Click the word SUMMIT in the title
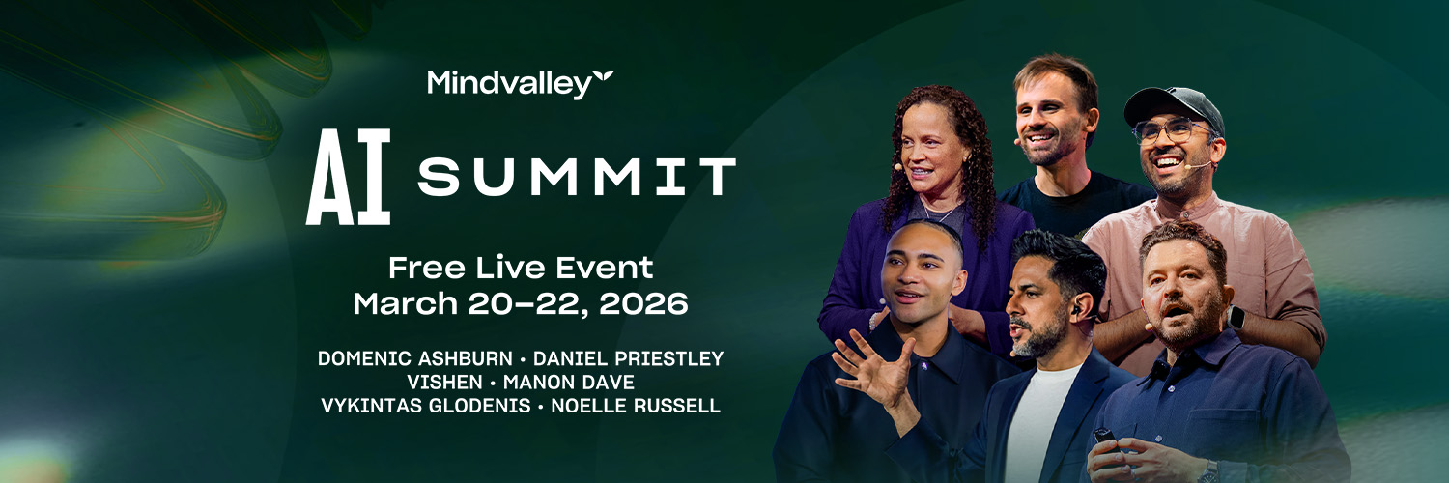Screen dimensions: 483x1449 pyautogui.click(x=577, y=178)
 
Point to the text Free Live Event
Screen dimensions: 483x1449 pyautogui.click(x=521, y=267)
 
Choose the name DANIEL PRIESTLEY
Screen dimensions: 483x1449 pyautogui.click(x=628, y=359)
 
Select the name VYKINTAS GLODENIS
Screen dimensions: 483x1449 pyautogui.click(x=425, y=406)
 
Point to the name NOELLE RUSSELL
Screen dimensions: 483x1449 pyautogui.click(x=635, y=406)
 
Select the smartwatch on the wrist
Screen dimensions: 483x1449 pyautogui.click(x=1237, y=316)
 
